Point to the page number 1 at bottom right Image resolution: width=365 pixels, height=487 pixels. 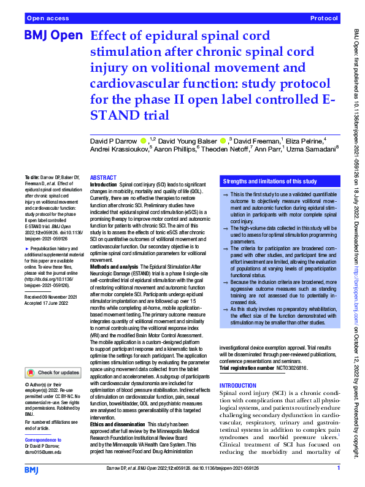tap(337, 469)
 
